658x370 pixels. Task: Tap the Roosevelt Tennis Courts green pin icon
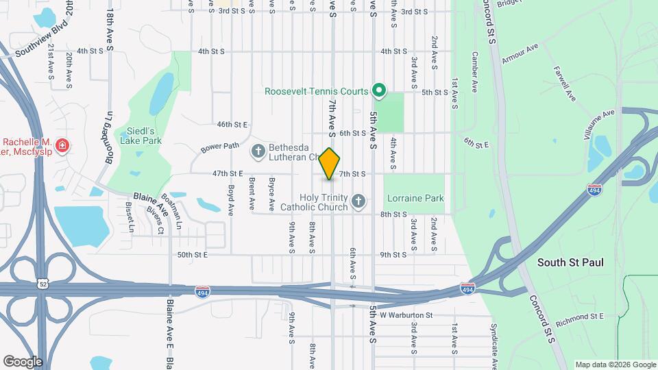378,90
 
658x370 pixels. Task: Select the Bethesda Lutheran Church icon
258,151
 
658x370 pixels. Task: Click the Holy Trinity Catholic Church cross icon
358,201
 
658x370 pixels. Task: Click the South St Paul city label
570,262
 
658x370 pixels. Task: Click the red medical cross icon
62,145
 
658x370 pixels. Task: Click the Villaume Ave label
600,124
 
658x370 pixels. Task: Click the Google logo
23,361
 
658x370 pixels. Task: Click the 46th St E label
232,125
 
